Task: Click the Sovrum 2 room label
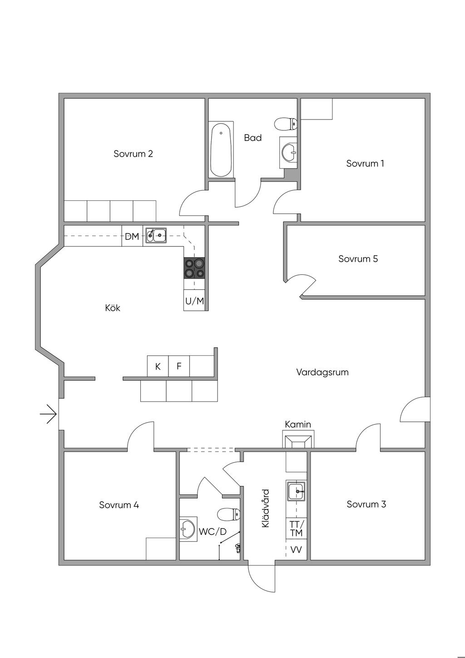pyautogui.click(x=133, y=154)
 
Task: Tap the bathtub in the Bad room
pyautogui.click(x=221, y=149)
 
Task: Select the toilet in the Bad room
pyautogui.click(x=286, y=123)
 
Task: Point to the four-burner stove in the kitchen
pyautogui.click(x=194, y=268)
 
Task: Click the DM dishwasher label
pyautogui.click(x=132, y=236)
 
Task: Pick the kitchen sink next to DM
pyautogui.click(x=156, y=235)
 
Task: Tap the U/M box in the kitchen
pyautogui.click(x=194, y=300)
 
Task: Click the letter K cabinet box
pyautogui.click(x=158, y=366)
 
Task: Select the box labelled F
pyautogui.click(x=179, y=366)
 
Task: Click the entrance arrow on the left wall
pyautogui.click(x=48, y=414)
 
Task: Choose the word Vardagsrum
pyautogui.click(x=322, y=372)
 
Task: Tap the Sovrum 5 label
pyautogui.click(x=358, y=259)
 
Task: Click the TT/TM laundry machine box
pyautogui.click(x=296, y=528)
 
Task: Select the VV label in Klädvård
pyautogui.click(x=296, y=550)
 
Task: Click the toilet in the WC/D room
pyautogui.click(x=229, y=514)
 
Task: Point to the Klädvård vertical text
pyautogui.click(x=266, y=508)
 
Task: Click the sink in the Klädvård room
pyautogui.click(x=297, y=491)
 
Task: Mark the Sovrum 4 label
pyautogui.click(x=119, y=505)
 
